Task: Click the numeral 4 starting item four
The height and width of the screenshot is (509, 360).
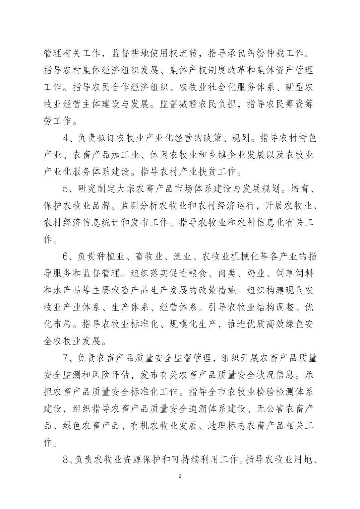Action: tap(66, 138)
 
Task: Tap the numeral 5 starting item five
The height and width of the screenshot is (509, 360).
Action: tap(66, 189)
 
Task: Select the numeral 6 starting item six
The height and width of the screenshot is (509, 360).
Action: tap(66, 257)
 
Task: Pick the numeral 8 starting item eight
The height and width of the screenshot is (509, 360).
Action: tap(66, 460)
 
